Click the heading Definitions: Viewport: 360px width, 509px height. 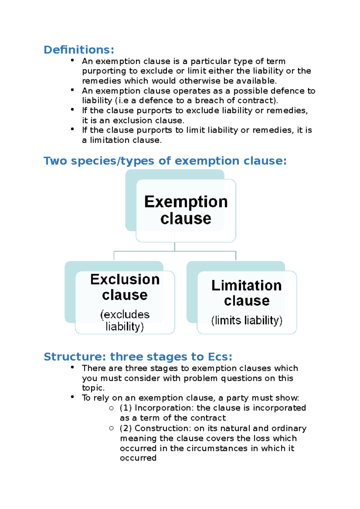pyautogui.click(x=79, y=50)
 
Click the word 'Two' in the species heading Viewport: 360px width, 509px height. pyautogui.click(x=55, y=161)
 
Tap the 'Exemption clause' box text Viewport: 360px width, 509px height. pyautogui.click(x=186, y=210)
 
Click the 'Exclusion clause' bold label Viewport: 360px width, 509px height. pyautogui.click(x=125, y=287)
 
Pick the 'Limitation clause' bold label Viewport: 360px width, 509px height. pyautogui.click(x=247, y=293)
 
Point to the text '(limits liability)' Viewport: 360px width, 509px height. pyautogui.click(x=247, y=320)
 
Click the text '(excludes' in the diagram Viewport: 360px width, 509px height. pyautogui.click(x=125, y=314)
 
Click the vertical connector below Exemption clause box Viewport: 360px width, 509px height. pyautogui.click(x=175, y=247)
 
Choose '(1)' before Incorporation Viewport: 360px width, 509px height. pyautogui.click(x=126, y=408)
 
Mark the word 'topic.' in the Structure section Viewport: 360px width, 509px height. pyautogui.click(x=93, y=388)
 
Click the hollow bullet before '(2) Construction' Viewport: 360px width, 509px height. pyautogui.click(x=111, y=428)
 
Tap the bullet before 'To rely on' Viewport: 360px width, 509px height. pyautogui.click(x=72, y=397)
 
